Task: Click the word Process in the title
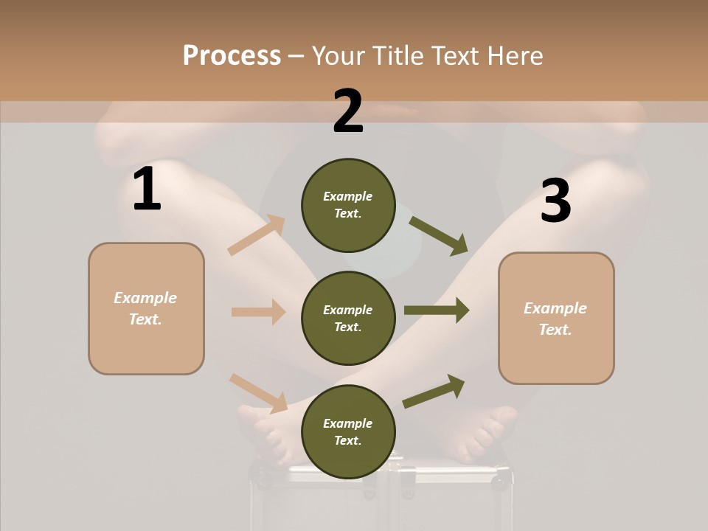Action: tap(232, 55)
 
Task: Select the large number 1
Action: tap(147, 190)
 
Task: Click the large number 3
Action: tap(555, 201)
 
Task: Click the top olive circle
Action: tap(348, 205)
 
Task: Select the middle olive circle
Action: tap(348, 318)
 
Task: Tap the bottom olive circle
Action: tap(348, 431)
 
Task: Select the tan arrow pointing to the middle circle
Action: tap(258, 312)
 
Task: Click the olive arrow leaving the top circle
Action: tap(438, 235)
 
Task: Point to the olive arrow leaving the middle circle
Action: tap(437, 310)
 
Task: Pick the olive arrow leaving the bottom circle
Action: tap(434, 392)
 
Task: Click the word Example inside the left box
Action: tap(145, 298)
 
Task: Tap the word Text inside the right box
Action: tap(555, 330)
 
